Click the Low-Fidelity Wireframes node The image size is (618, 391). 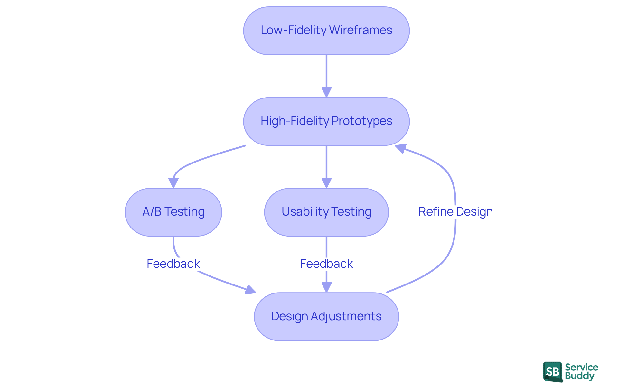(326, 31)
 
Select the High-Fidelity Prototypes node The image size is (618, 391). (326, 122)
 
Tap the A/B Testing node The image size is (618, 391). (173, 212)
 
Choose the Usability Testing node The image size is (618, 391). (326, 212)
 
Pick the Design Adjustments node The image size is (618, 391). (326, 317)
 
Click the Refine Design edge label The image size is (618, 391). (455, 212)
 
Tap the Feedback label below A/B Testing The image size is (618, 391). (173, 264)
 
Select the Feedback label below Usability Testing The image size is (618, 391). (326, 264)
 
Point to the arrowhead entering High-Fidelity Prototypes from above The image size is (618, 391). (326, 92)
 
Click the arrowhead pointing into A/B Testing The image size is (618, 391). (173, 183)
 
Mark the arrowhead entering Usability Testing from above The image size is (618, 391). (326, 183)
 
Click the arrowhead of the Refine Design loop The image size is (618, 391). (400, 148)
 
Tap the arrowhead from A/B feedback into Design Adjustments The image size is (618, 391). (250, 290)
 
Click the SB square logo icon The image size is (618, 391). (553, 372)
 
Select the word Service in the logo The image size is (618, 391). (581, 367)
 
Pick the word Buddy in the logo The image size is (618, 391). (579, 376)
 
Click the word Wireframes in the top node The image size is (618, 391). (360, 30)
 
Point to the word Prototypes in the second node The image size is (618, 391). (362, 121)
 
